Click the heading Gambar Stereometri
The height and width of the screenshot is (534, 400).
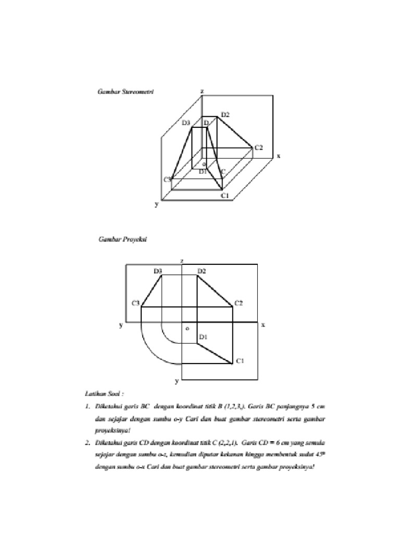click(126, 91)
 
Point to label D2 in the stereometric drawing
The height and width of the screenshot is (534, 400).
click(225, 114)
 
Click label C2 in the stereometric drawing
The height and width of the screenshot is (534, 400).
click(258, 148)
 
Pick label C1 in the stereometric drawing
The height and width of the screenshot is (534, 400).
click(225, 196)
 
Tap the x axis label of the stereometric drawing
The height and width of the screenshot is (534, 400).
click(279, 155)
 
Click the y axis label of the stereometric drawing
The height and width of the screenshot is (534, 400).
click(156, 205)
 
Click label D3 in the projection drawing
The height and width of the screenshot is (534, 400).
click(158, 271)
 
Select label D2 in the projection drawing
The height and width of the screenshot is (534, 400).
click(202, 271)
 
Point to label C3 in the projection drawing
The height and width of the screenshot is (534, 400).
click(135, 302)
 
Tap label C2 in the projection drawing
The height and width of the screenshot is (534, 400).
click(239, 302)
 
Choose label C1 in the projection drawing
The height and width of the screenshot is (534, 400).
click(240, 360)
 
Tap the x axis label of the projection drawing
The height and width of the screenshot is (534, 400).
click(263, 324)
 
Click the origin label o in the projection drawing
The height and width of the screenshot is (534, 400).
click(187, 329)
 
